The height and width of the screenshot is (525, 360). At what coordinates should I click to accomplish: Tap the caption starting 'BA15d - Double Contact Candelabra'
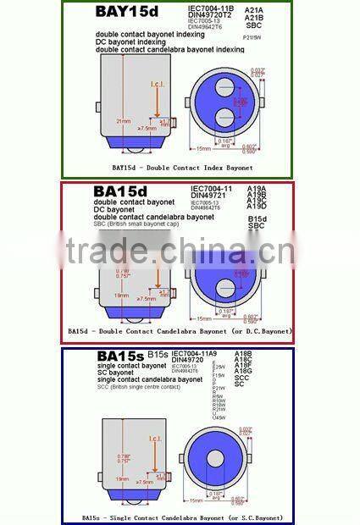(180, 330)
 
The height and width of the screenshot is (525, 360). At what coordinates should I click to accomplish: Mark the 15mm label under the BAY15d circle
(203, 149)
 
